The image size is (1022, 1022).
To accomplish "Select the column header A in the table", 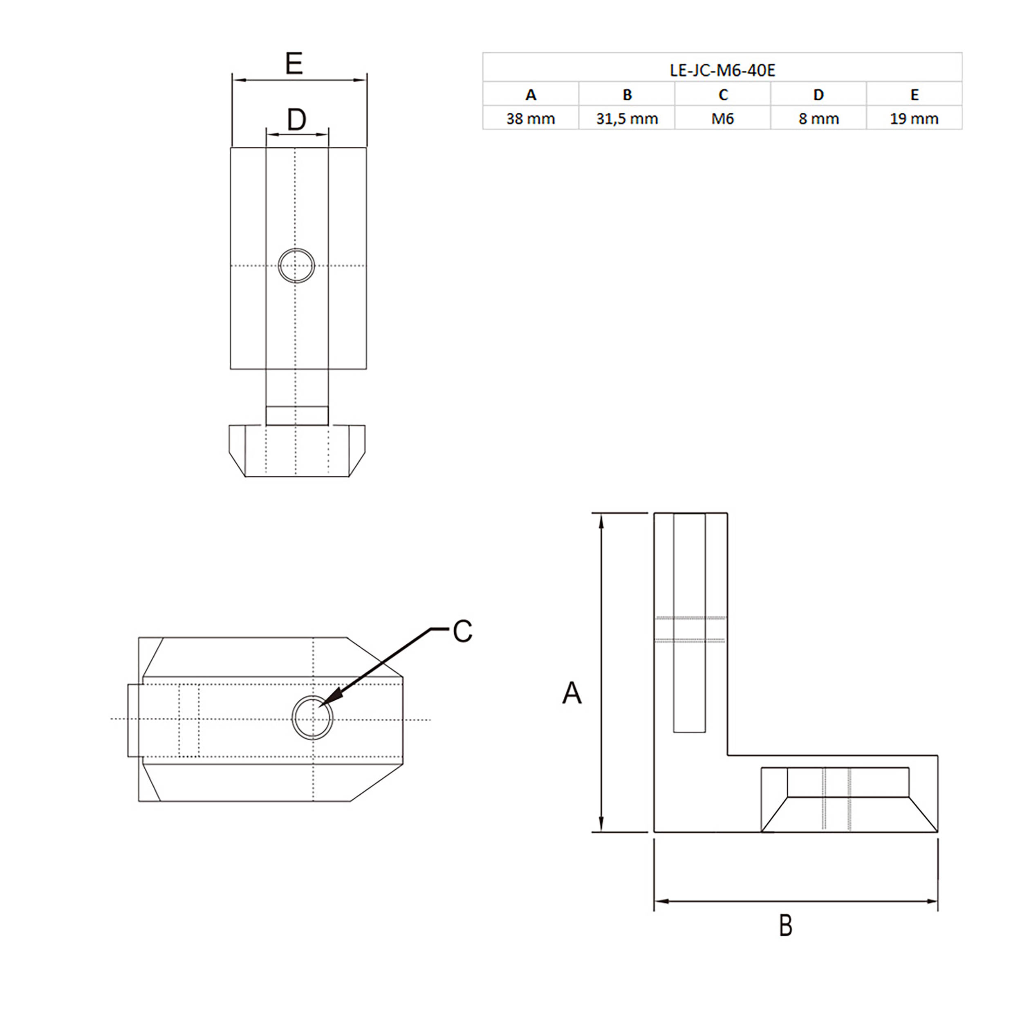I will coord(531,95).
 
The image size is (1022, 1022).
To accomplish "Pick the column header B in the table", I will coord(627,95).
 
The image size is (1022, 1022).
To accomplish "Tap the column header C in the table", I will coord(723,95).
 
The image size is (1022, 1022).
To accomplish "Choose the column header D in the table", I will coord(818,95).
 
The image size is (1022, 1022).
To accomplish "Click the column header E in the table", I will coord(914,95).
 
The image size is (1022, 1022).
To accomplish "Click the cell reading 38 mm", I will coord(531,119).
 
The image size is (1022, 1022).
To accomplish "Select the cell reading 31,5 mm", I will coord(627,119).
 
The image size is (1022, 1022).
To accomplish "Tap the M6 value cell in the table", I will coord(723,119).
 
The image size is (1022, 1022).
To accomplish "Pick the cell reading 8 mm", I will coord(818,119).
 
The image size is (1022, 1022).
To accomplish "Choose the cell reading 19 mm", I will coord(914,119).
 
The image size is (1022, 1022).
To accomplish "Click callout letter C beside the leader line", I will coord(462,631).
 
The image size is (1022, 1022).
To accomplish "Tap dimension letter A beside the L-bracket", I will coord(572,693).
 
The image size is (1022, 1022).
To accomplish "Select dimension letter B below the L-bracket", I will coord(786,926).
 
